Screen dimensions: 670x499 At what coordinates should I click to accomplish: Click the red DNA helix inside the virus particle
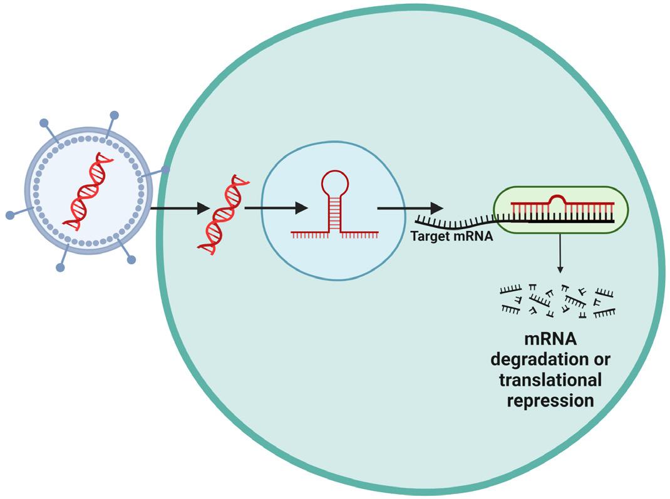click(x=89, y=191)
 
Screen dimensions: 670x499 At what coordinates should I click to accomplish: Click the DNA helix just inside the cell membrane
click(x=224, y=215)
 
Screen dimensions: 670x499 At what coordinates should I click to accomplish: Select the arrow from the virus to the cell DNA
click(x=180, y=208)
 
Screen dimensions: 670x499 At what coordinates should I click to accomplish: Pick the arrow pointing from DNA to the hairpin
click(x=276, y=208)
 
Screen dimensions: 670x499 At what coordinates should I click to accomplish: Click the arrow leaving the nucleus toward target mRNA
click(x=410, y=208)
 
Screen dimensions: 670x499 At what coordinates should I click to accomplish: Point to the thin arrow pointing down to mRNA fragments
click(x=560, y=253)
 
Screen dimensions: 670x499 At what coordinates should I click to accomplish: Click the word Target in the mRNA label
click(x=428, y=236)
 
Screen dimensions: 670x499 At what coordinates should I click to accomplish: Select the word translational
click(x=550, y=380)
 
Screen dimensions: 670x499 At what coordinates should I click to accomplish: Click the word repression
click(x=550, y=401)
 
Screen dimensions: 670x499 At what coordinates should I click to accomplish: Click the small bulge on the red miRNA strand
click(x=557, y=198)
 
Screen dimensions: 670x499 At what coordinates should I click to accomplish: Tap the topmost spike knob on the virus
click(x=115, y=115)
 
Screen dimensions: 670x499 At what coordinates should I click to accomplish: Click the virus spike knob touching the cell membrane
click(x=165, y=170)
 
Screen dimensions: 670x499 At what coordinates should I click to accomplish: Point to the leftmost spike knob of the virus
click(x=10, y=215)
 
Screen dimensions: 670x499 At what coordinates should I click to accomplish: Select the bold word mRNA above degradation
click(x=550, y=339)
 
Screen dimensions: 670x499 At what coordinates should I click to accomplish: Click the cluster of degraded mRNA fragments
click(x=558, y=301)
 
